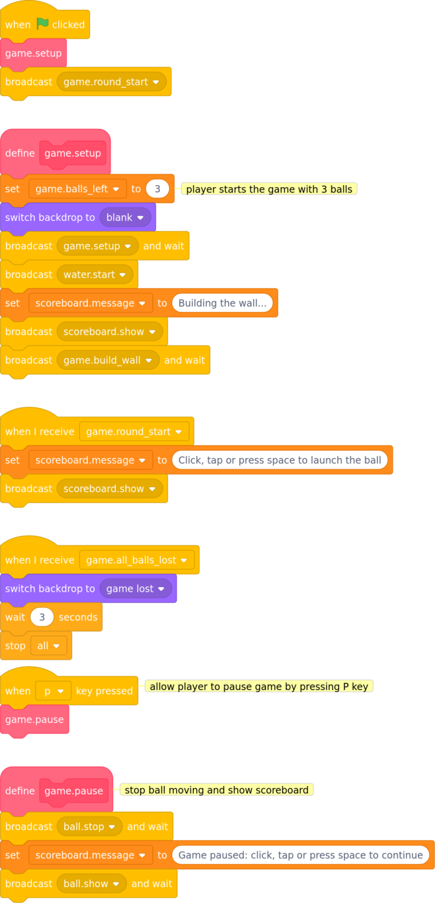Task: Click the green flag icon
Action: (42, 24)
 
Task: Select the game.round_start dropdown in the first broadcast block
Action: (111, 82)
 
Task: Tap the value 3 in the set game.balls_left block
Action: (157, 188)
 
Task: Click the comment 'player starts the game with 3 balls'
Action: (269, 189)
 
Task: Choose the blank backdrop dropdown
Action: (125, 217)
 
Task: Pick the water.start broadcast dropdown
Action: (95, 274)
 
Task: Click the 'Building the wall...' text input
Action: (222, 303)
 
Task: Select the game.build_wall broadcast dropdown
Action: (108, 360)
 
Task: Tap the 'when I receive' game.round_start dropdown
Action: (134, 432)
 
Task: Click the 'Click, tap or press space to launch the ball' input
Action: (280, 460)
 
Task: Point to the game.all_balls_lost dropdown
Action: (137, 560)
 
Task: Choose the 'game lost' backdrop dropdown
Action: (136, 588)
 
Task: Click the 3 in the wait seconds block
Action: (42, 617)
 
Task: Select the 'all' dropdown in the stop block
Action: (49, 646)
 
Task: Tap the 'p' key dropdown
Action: (54, 691)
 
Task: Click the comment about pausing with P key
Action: (259, 687)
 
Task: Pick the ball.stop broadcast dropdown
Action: (89, 827)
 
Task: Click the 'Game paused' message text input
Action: (301, 855)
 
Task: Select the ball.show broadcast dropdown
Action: (91, 884)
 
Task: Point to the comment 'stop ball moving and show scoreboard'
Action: (216, 790)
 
